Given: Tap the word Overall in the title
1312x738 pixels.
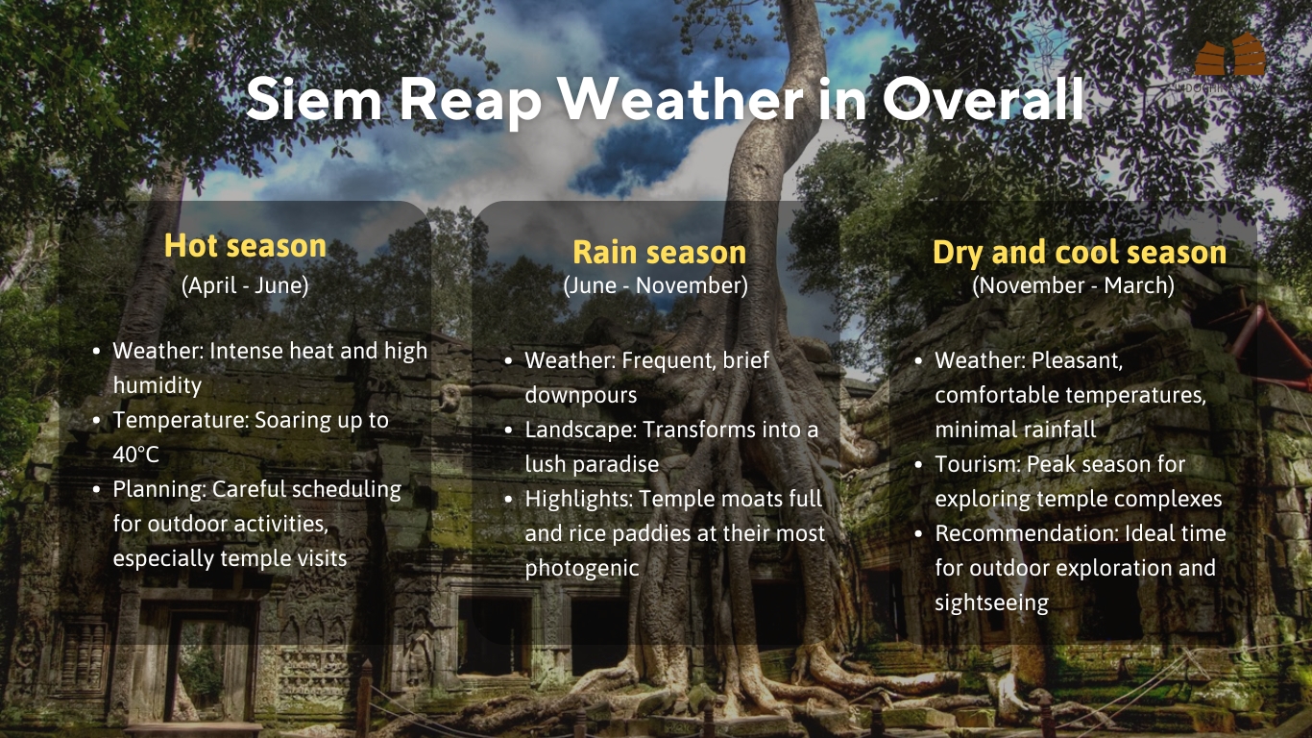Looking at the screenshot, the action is (984, 99).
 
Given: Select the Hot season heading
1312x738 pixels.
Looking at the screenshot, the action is (245, 246).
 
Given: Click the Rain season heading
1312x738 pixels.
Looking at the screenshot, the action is (660, 253).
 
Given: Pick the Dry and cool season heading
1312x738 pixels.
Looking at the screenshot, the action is (1080, 253).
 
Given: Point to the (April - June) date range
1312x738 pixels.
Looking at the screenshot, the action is (245, 286).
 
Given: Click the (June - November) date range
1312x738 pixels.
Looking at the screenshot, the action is (655, 286).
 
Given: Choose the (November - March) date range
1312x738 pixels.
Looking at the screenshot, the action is (1073, 286).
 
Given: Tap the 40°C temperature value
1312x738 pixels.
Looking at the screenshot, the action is (135, 455).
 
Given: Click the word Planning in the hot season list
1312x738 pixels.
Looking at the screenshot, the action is (159, 489).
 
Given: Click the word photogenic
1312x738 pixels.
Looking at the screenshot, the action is (582, 568).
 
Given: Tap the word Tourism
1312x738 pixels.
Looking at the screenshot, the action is (978, 464).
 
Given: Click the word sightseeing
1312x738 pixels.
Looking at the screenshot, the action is (991, 603).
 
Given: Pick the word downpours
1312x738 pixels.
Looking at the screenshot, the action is (581, 395).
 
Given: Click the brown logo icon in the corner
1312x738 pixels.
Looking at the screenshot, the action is (1230, 55).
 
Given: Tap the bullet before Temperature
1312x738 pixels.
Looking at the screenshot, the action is (97, 421).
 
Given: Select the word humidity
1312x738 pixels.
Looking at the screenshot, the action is (157, 385).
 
